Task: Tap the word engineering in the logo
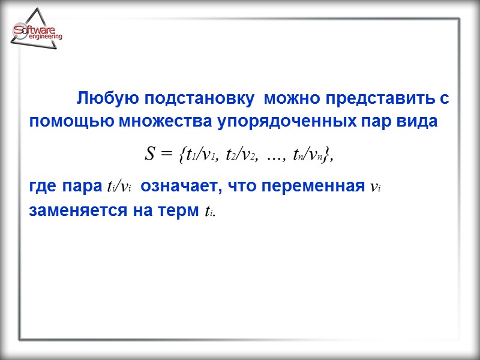click(45, 37)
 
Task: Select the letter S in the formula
click(150, 155)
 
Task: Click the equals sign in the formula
click(166, 155)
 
